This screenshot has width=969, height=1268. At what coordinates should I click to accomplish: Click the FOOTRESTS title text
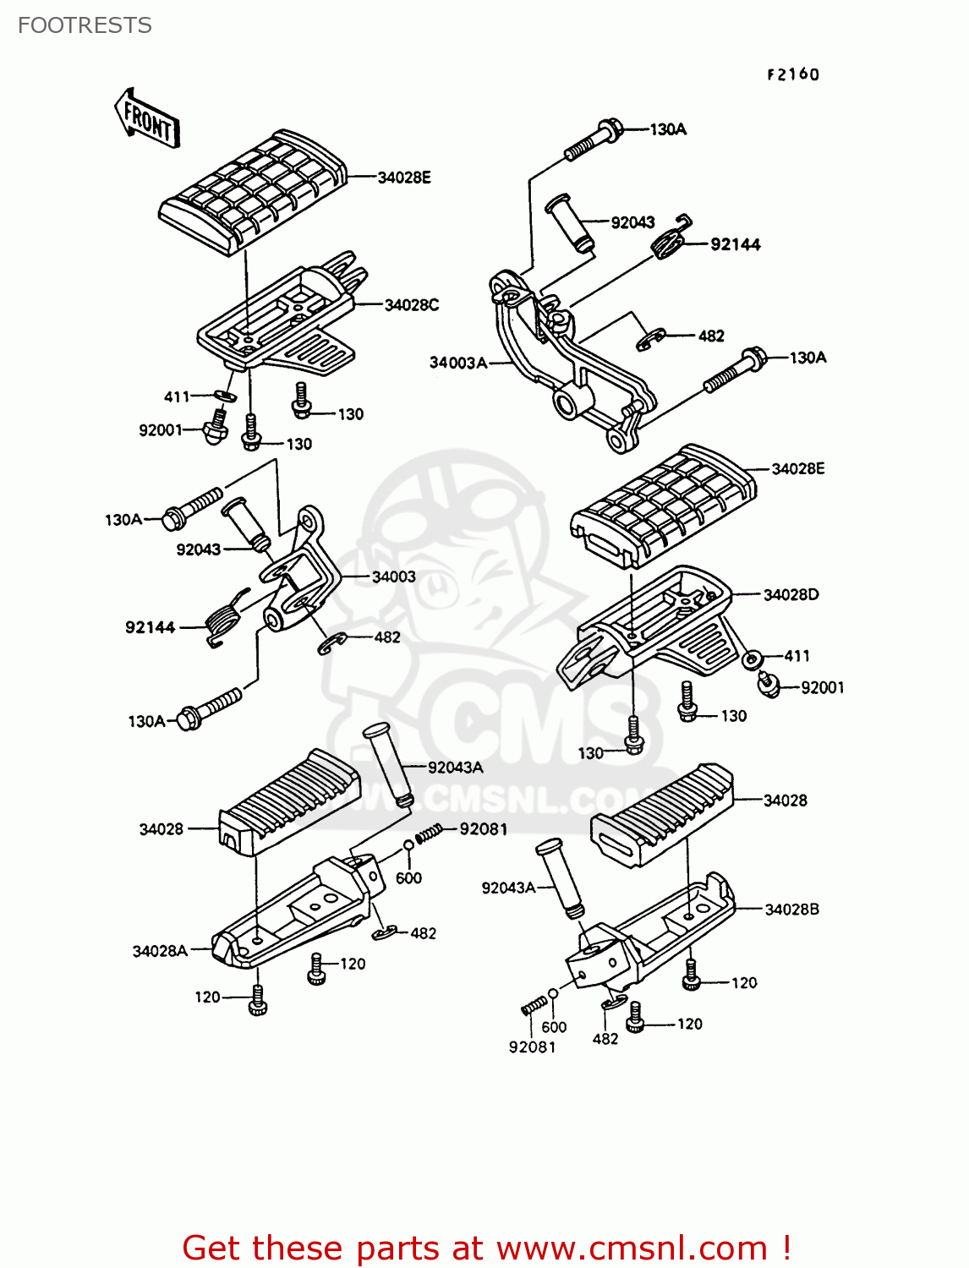pos(85,25)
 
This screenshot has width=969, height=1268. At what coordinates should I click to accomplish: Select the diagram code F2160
pos(793,74)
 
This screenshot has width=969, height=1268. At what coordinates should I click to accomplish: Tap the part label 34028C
pos(412,305)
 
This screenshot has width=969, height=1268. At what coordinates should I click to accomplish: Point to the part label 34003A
pos(457,363)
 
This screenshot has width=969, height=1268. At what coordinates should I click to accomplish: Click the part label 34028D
pos(791,594)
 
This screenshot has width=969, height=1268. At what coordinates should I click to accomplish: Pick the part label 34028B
pos(791,910)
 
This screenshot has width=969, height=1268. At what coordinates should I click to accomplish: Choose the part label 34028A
pos(160,951)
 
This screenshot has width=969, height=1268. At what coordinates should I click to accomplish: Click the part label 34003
pos(393,577)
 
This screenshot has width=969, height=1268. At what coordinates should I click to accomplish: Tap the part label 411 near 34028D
pos(797,656)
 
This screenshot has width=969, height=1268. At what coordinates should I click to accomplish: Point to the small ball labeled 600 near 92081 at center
pos(408,844)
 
